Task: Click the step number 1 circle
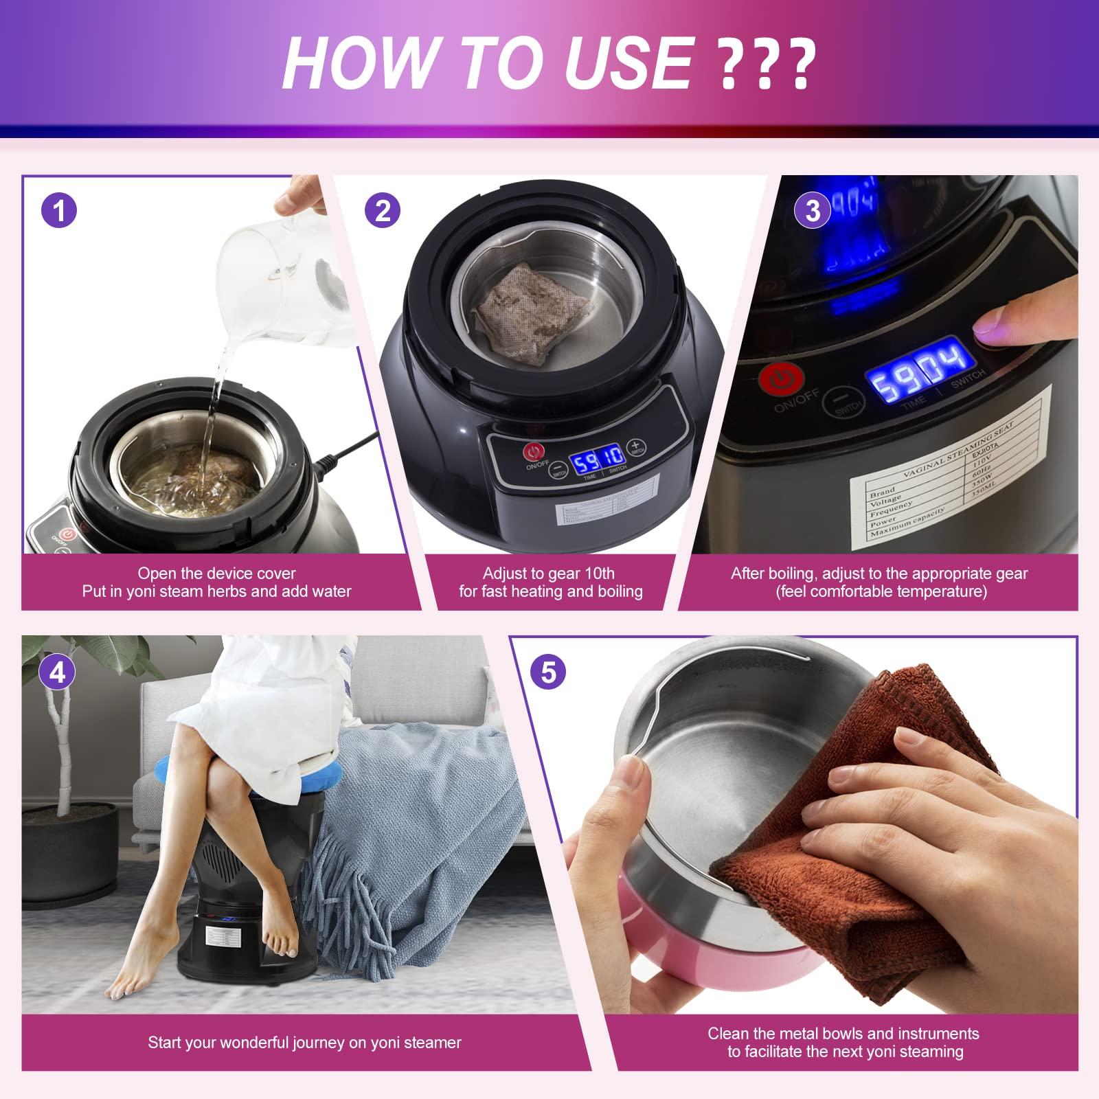click(60, 210)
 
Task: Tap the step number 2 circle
click(383, 210)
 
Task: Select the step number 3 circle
click(813, 210)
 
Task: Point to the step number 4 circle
click(58, 672)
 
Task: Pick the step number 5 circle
click(548, 672)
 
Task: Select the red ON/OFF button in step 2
click(534, 452)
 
